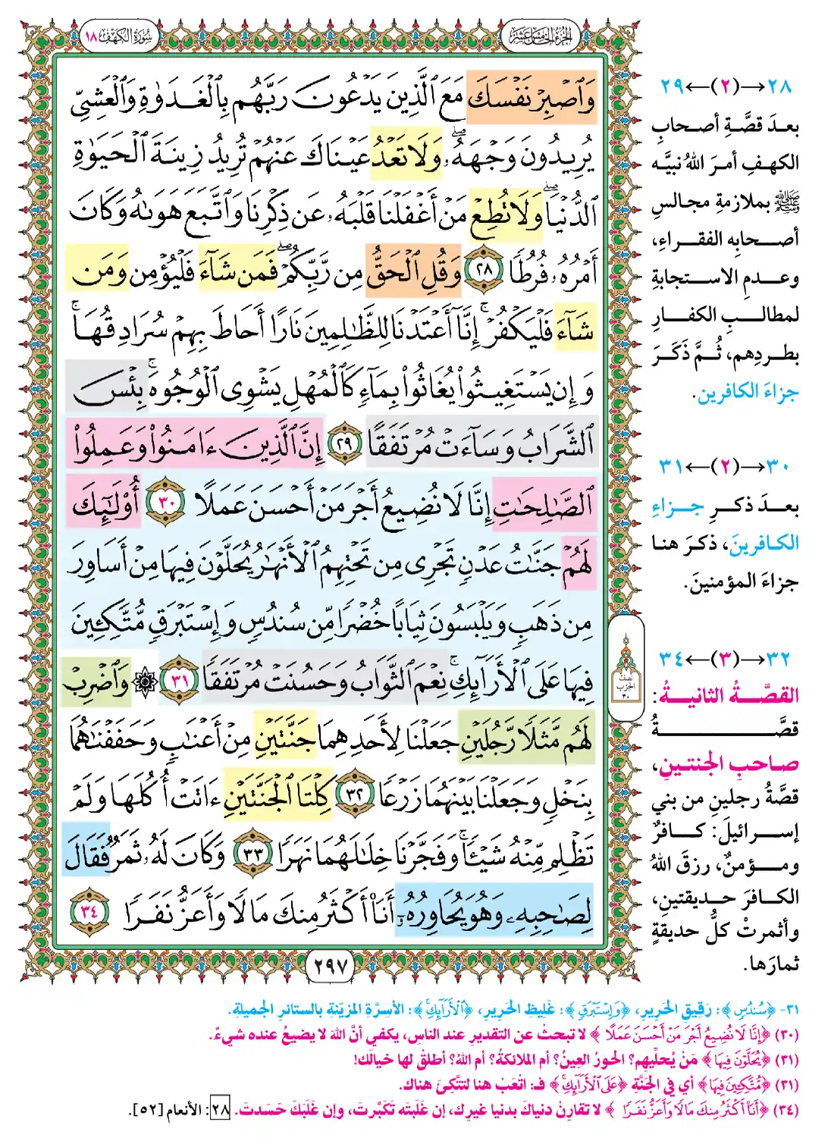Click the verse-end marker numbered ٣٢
(x=350, y=798)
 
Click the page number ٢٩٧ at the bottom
(x=331, y=966)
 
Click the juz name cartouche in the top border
(x=540, y=36)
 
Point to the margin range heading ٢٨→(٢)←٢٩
(x=726, y=86)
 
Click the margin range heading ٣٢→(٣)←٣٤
(x=726, y=657)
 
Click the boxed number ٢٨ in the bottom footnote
(x=221, y=1110)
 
